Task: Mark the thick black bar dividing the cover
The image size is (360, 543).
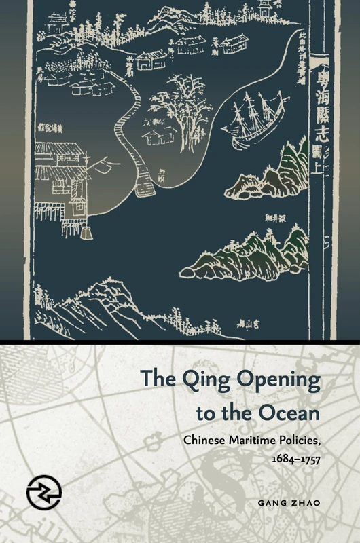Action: coord(180,339)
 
